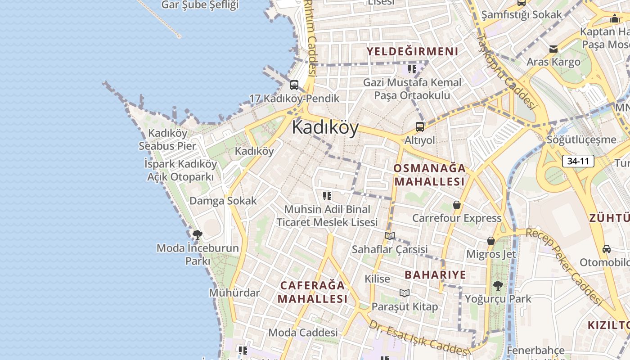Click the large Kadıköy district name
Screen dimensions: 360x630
point(325,128)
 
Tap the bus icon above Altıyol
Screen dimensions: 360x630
point(420,127)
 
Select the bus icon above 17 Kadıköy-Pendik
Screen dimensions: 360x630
point(294,85)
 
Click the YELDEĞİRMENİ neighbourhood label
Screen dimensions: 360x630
point(412,51)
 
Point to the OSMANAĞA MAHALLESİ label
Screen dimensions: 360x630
point(429,175)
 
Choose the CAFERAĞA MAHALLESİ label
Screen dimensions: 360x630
point(312,292)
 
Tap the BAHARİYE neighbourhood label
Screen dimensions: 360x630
point(435,274)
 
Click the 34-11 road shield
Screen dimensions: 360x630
point(578,161)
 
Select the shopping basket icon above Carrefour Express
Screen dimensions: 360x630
point(457,205)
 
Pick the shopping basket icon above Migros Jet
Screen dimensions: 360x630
point(491,241)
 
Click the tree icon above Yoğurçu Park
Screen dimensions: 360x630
point(498,285)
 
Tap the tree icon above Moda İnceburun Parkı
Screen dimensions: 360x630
point(197,234)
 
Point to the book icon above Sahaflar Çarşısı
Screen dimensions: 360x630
point(390,236)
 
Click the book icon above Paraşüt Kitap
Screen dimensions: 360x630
point(405,293)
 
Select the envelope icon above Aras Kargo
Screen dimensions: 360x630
point(553,49)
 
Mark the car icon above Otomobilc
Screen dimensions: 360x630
point(607,249)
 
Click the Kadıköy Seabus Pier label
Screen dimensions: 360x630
point(167,139)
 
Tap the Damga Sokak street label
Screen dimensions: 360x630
point(223,201)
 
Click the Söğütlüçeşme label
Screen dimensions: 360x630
point(581,139)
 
